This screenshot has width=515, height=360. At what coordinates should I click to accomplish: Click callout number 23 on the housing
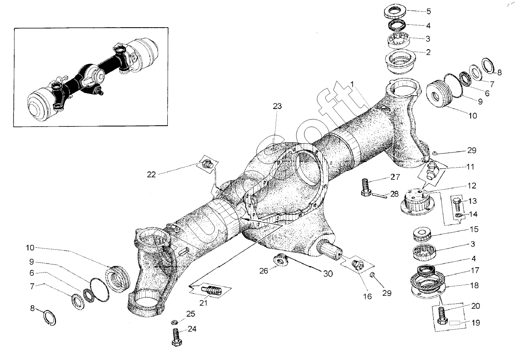(277, 106)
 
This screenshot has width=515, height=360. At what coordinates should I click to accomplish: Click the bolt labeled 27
(365, 187)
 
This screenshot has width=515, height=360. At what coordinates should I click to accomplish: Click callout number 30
(328, 274)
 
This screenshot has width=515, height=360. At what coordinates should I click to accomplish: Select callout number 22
(151, 175)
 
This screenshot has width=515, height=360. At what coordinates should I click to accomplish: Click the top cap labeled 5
(396, 11)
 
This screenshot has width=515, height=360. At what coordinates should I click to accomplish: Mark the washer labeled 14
(458, 215)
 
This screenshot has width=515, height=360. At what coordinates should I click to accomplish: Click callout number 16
(368, 297)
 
